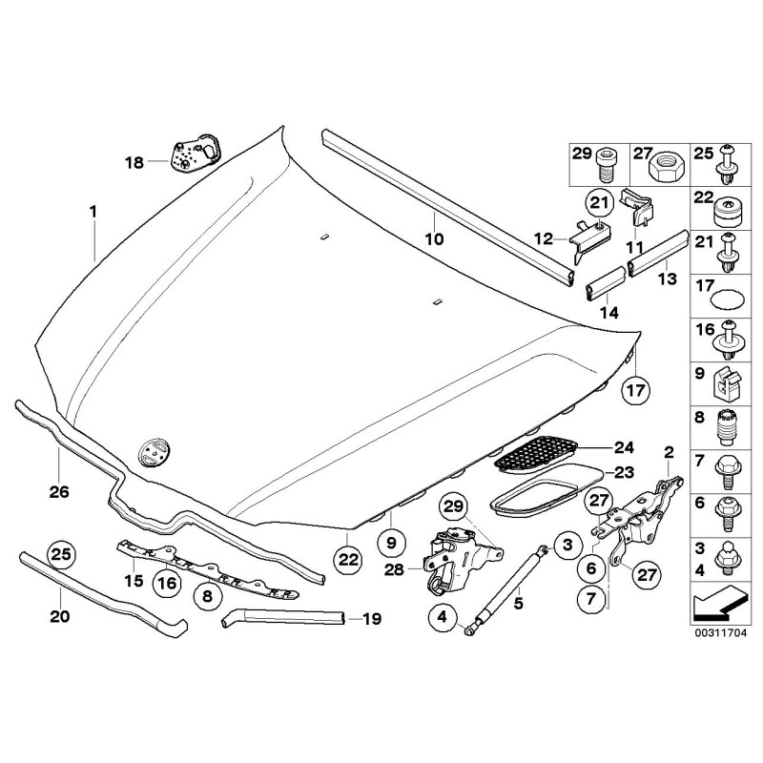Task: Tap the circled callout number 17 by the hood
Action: coord(636,389)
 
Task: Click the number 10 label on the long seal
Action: coord(434,240)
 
